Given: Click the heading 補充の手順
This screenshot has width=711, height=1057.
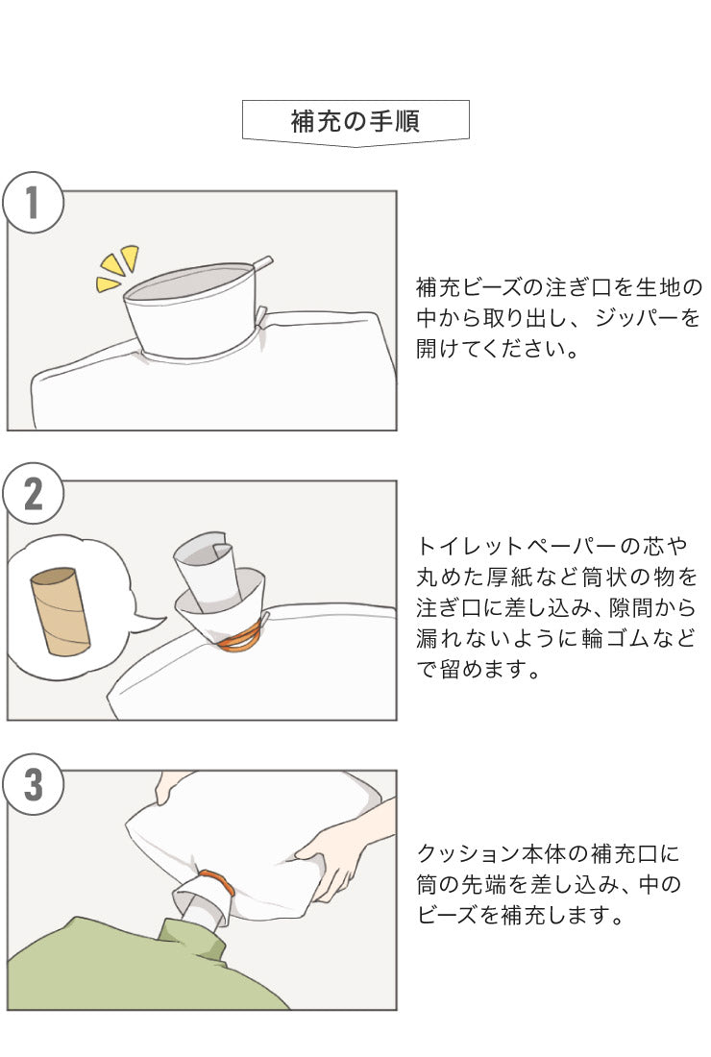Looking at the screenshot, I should click(x=355, y=122).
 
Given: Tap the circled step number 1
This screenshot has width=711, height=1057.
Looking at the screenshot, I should click(x=33, y=204).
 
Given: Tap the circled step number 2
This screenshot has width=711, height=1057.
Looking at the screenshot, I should click(x=33, y=494).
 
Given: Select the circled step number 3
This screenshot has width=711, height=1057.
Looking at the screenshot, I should click(x=33, y=784).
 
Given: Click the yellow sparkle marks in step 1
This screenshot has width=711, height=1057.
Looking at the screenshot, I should click(x=118, y=267).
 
